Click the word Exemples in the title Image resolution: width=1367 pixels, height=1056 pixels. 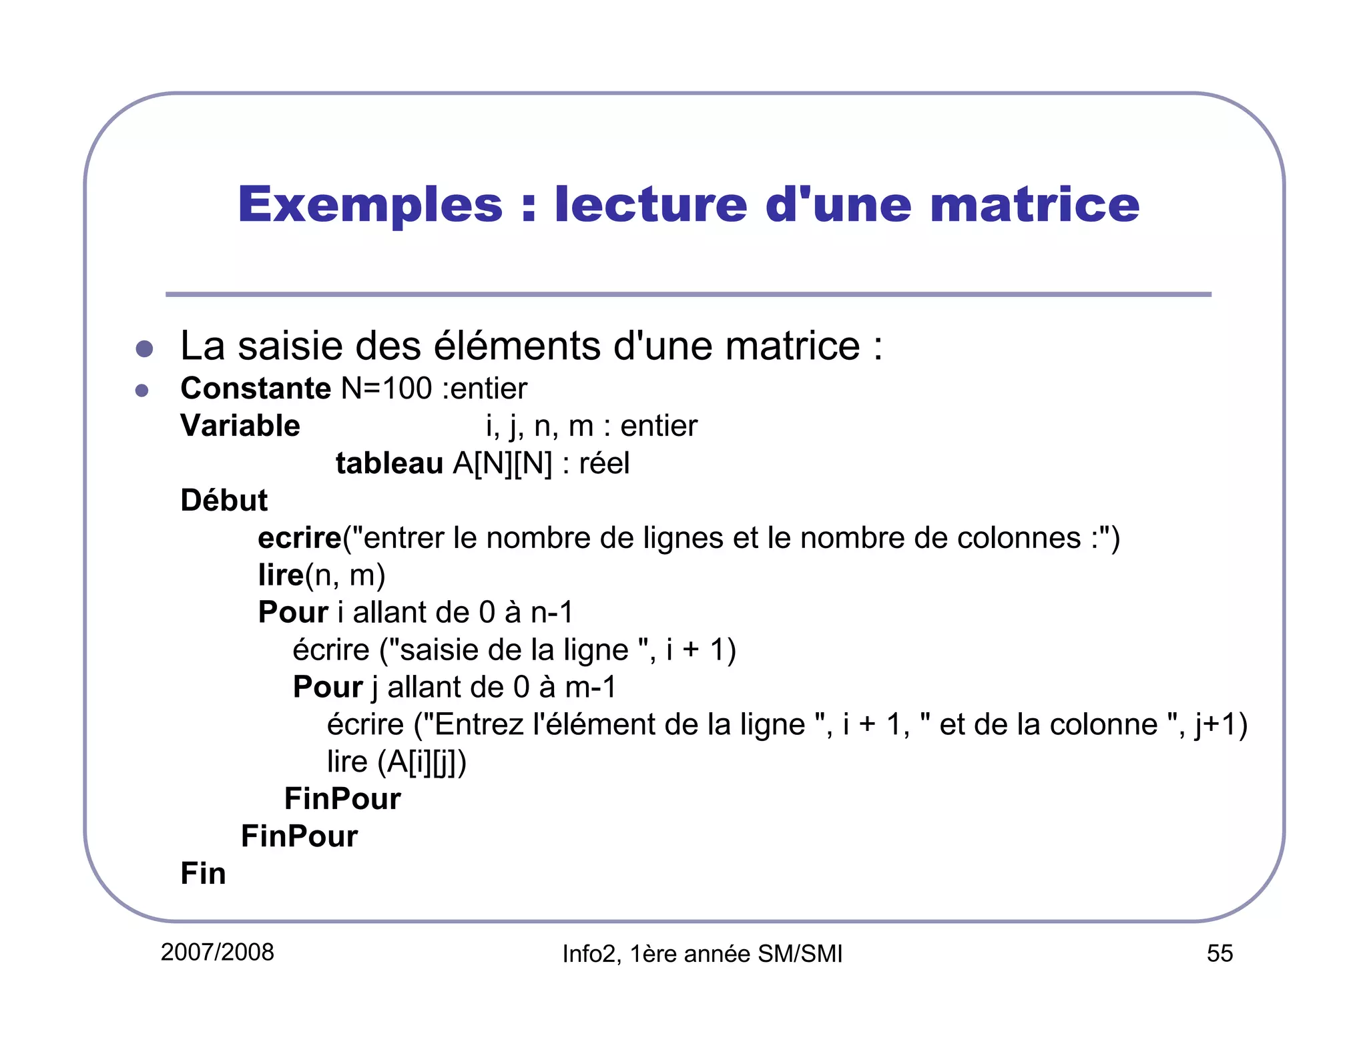click(x=370, y=205)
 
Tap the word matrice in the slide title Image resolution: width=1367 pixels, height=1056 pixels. click(x=1035, y=205)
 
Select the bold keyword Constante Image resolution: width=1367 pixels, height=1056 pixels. click(x=255, y=388)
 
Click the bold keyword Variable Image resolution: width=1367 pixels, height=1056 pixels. click(x=240, y=426)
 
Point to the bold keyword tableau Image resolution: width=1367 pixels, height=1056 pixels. click(x=389, y=463)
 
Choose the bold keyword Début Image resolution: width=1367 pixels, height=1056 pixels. click(x=224, y=501)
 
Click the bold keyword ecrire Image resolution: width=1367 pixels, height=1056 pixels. click(x=299, y=538)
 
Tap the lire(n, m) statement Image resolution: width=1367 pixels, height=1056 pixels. click(x=322, y=575)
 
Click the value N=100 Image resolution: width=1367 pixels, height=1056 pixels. click(x=386, y=388)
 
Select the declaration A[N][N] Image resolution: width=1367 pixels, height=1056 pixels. click(x=503, y=463)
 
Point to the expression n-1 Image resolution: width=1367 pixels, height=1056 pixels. click(x=552, y=613)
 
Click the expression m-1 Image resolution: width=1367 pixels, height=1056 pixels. click(x=591, y=688)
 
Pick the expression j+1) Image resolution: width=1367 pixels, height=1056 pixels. click(x=1221, y=725)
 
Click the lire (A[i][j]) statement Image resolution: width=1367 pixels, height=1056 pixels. click(x=396, y=762)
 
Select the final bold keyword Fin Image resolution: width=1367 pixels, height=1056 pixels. click(x=203, y=874)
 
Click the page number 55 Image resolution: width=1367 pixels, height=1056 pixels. click(x=1219, y=953)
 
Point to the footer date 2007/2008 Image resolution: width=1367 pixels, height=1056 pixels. click(x=217, y=953)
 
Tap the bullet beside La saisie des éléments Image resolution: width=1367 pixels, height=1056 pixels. click(x=144, y=348)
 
